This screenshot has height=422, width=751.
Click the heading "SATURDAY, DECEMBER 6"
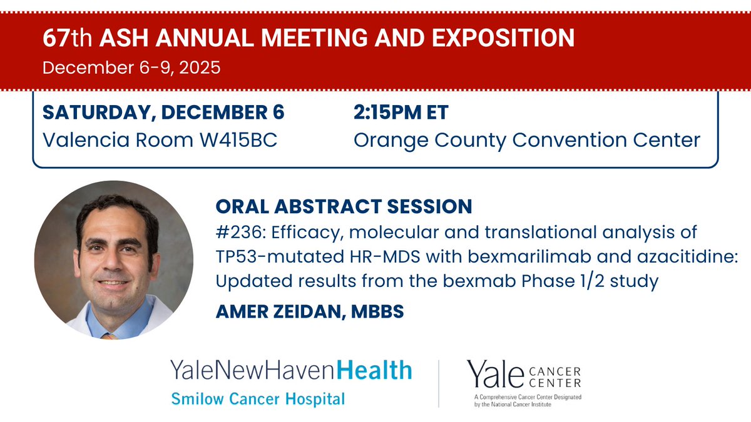(163, 113)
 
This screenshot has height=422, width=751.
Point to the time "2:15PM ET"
(401, 113)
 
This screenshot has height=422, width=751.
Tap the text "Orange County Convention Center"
(527, 139)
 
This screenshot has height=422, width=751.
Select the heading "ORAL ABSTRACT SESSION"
(344, 206)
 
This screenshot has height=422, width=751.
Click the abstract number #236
(235, 233)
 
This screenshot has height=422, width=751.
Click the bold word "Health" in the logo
(374, 371)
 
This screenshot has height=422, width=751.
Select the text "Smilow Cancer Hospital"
(257, 398)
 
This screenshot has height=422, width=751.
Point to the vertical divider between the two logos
(439, 383)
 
